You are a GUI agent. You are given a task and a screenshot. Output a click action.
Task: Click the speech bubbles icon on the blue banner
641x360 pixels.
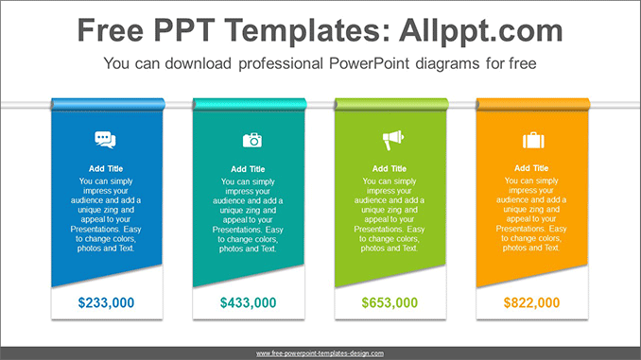tap(106, 140)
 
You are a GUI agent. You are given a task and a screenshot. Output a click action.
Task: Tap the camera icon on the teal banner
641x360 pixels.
tap(251, 140)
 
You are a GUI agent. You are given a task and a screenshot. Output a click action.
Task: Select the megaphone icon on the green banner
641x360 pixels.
tap(391, 141)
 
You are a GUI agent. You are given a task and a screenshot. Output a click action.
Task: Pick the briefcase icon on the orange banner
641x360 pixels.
tap(533, 140)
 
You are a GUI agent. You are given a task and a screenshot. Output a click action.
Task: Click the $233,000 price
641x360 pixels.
tap(106, 303)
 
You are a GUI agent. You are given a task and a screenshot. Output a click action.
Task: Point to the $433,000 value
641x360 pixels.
tap(249, 303)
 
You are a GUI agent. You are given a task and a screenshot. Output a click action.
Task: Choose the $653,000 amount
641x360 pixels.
tap(390, 303)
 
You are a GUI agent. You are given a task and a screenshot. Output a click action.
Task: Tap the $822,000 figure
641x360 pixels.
tap(531, 303)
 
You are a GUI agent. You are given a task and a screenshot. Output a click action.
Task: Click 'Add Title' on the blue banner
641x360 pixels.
tap(106, 169)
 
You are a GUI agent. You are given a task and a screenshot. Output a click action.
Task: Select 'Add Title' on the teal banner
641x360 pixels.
tap(248, 169)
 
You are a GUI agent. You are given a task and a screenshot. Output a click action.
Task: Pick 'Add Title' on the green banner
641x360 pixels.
tap(390, 169)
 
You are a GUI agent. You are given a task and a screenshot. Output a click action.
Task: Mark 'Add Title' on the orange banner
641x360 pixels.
tap(531, 169)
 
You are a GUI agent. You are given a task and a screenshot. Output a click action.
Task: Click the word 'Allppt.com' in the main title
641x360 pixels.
tap(482, 30)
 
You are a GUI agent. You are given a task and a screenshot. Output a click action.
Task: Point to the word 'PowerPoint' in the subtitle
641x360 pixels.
tap(370, 65)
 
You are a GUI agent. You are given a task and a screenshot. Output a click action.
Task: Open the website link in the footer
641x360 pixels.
tap(320, 353)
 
